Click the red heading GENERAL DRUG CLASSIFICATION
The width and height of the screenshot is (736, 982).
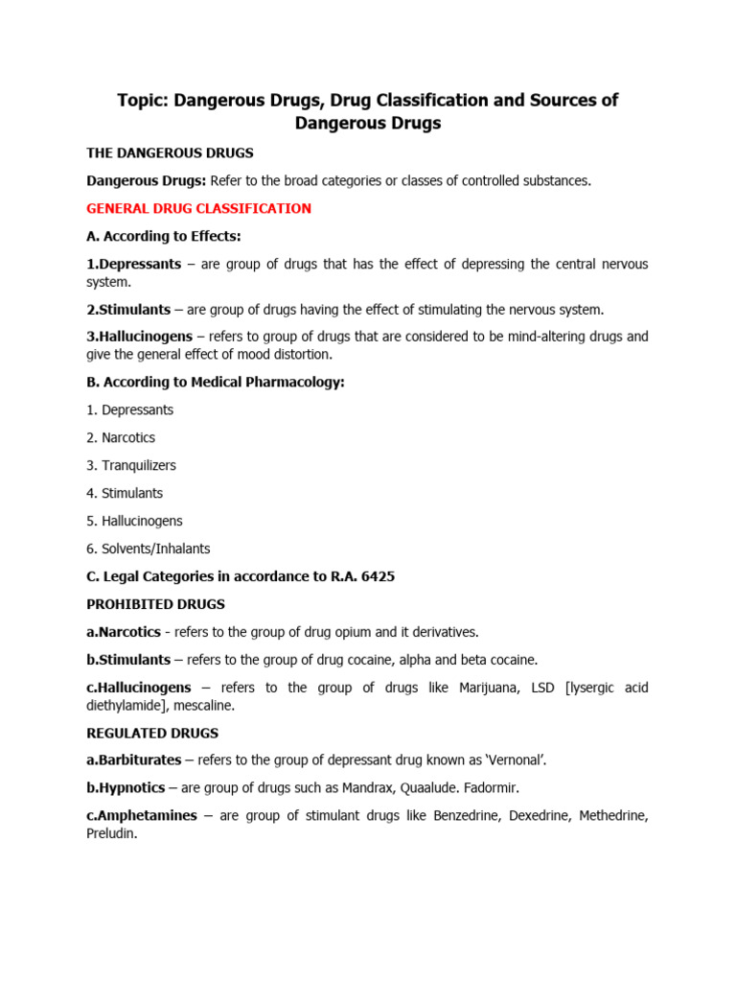click(x=198, y=208)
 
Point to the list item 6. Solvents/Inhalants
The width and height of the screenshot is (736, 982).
click(x=148, y=549)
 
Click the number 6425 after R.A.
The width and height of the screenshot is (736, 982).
click(x=375, y=576)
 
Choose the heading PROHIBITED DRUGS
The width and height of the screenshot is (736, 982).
click(x=155, y=604)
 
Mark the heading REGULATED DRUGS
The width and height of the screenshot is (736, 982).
click(x=152, y=733)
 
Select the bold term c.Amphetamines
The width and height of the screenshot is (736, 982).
click(x=142, y=816)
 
